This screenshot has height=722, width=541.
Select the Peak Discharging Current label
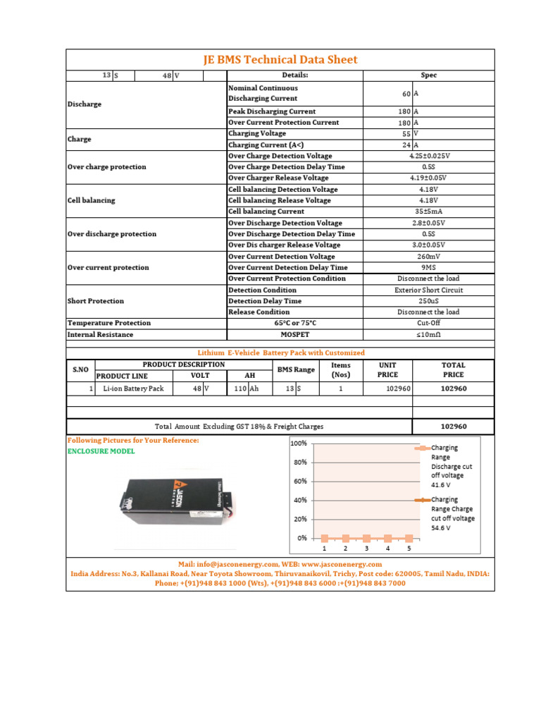pyautogui.click(x=272, y=111)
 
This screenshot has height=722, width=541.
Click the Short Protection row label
pyautogui.click(x=96, y=301)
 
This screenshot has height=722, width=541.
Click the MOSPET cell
pyautogui.click(x=296, y=334)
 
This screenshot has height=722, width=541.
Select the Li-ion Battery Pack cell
pyautogui.click(x=133, y=388)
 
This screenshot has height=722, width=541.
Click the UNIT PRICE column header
pyautogui.click(x=387, y=370)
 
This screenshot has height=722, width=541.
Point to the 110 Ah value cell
pyautogui.click(x=242, y=388)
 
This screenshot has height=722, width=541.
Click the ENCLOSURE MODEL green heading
pyautogui.click(x=101, y=451)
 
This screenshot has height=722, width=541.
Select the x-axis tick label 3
pyautogui.click(x=366, y=548)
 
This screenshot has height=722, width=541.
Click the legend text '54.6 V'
pyautogui.click(x=442, y=527)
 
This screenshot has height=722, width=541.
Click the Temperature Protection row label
pyautogui.click(x=109, y=323)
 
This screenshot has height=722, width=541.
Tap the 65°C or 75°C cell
pyautogui.click(x=296, y=323)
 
